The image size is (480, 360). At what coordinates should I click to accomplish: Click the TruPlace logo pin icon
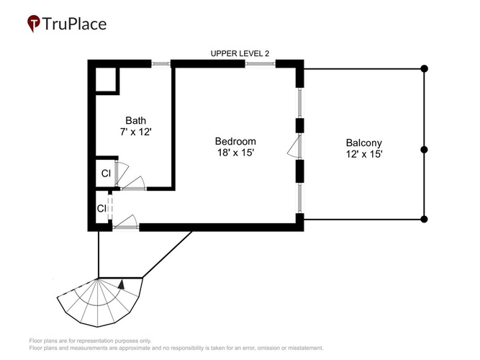pyautogui.click(x=33, y=23)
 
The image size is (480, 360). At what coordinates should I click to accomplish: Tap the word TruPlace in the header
pyautogui.click(x=74, y=24)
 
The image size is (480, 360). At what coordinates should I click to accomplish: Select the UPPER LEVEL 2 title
pyautogui.click(x=240, y=53)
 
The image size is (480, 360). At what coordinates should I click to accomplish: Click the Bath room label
pyautogui.click(x=135, y=120)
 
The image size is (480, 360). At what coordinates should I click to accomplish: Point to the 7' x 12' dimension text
pyautogui.click(x=135, y=132)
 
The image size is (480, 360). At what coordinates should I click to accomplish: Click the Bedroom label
pyautogui.click(x=235, y=141)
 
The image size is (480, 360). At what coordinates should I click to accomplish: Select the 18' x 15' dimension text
pyautogui.click(x=235, y=153)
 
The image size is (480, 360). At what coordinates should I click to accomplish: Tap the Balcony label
pyautogui.click(x=364, y=143)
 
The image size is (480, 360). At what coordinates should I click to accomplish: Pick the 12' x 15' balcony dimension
pyautogui.click(x=364, y=154)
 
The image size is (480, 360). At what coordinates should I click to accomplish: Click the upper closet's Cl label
pyautogui.click(x=106, y=174)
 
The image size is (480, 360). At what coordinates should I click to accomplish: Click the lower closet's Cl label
pyautogui.click(x=101, y=209)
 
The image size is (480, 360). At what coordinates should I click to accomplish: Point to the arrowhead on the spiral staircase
pyautogui.click(x=121, y=284)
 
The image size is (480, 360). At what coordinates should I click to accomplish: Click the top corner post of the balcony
pyautogui.click(x=424, y=68)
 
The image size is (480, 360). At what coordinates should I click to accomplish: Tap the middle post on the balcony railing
pyautogui.click(x=424, y=150)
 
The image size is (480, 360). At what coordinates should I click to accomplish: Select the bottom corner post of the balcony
pyautogui.click(x=424, y=219)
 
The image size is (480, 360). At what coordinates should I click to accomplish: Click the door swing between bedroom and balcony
pyautogui.click(x=294, y=146)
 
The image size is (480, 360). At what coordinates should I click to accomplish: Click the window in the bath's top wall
pyautogui.click(x=161, y=64)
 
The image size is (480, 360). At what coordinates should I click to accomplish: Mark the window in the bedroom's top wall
pyautogui.click(x=261, y=64)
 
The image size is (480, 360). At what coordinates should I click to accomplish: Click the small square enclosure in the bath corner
pyautogui.click(x=106, y=79)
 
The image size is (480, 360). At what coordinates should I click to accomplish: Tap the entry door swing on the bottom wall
pyautogui.click(x=125, y=222)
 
